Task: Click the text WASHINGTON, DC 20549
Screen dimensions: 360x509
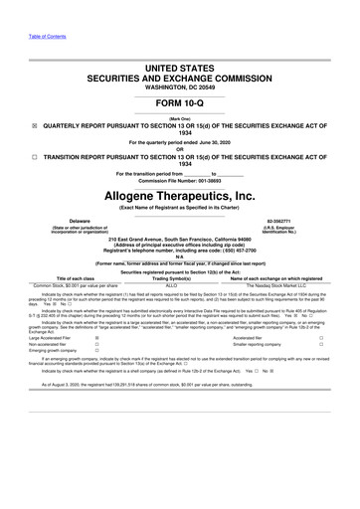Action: [179, 72]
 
